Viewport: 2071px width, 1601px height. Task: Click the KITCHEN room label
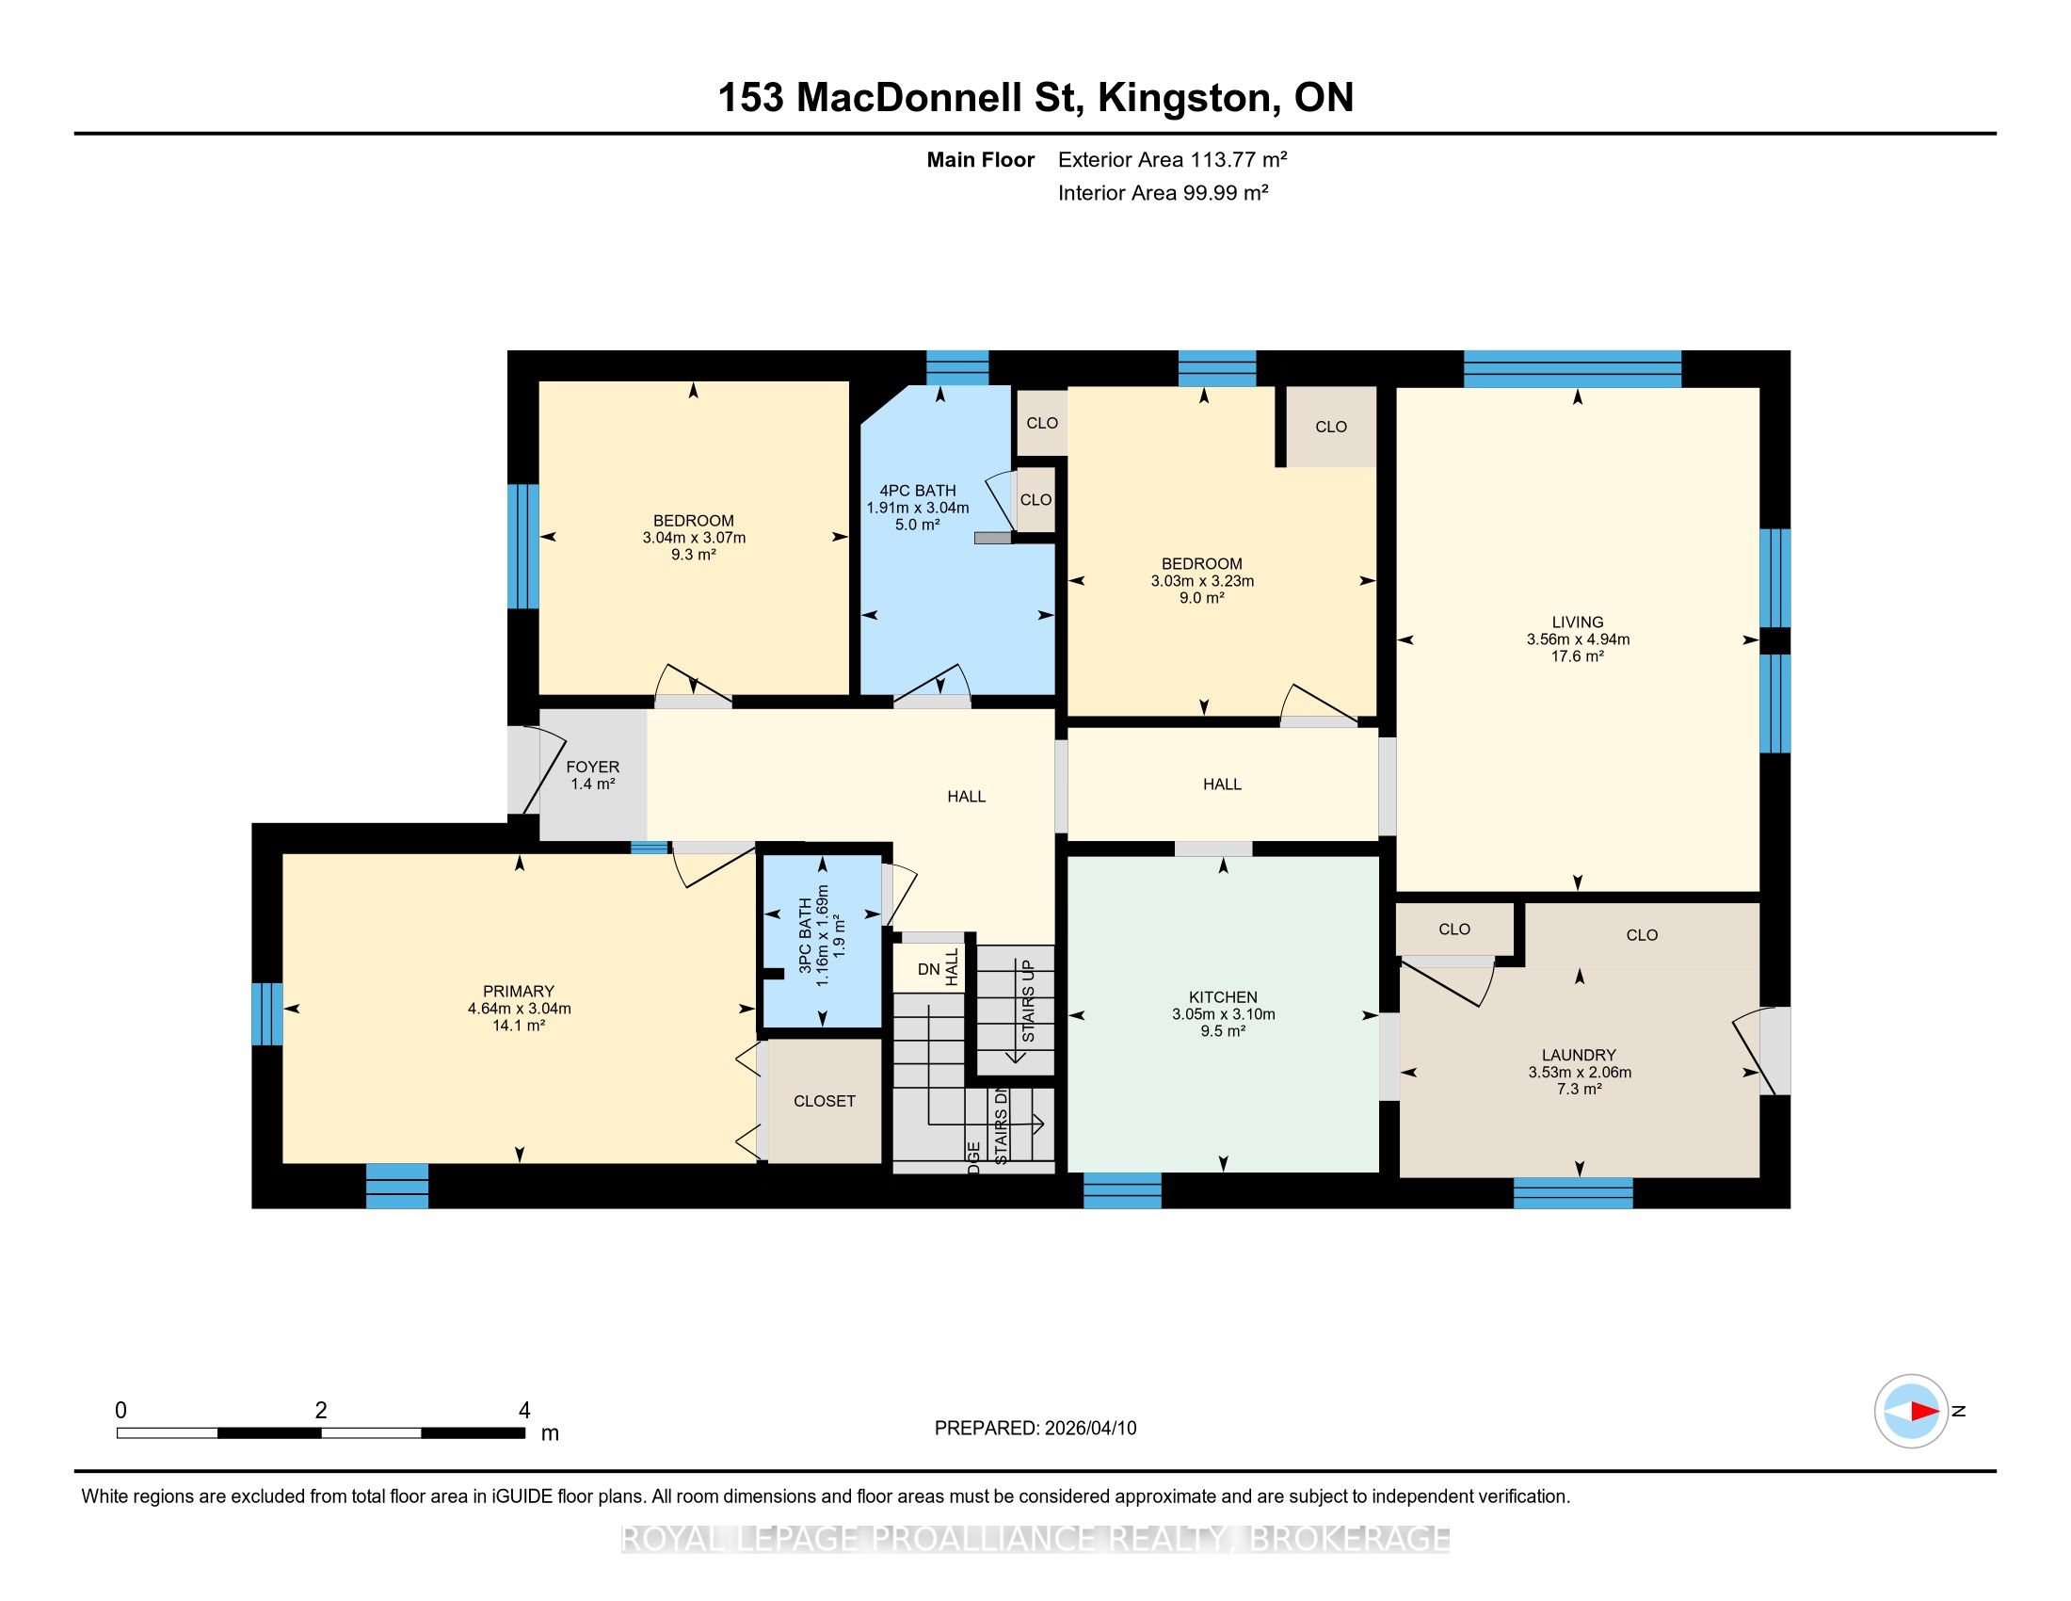pyautogui.click(x=1222, y=996)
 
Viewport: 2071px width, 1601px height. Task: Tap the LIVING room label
pyautogui.click(x=1577, y=623)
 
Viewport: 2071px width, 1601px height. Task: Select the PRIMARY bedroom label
pyautogui.click(x=518, y=991)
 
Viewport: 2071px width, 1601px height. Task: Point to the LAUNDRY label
pyautogui.click(x=1579, y=1055)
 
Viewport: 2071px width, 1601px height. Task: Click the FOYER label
pyautogui.click(x=593, y=768)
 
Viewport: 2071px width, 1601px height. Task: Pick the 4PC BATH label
pyautogui.click(x=917, y=491)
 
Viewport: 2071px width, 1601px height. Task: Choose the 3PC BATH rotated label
pyautogui.click(x=805, y=935)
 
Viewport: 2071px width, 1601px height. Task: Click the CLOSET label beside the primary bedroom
pyautogui.click(x=824, y=1101)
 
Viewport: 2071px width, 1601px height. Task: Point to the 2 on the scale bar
pyautogui.click(x=321, y=1411)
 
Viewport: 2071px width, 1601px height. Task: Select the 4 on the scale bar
pyautogui.click(x=524, y=1411)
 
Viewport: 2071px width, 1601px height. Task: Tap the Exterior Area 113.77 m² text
pyautogui.click(x=1172, y=159)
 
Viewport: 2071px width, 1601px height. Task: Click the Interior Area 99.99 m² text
pyautogui.click(x=1163, y=192)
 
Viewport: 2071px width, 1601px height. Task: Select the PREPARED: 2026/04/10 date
pyautogui.click(x=1035, y=1429)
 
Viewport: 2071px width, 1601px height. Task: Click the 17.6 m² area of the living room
pyautogui.click(x=1577, y=656)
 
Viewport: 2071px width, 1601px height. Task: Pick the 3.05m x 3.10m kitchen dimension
pyautogui.click(x=1222, y=1014)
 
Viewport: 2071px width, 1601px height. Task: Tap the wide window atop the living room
pyautogui.click(x=1572, y=369)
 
